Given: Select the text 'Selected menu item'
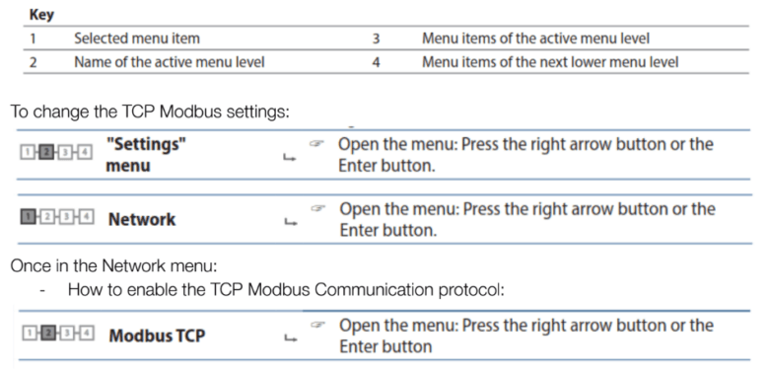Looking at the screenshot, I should pos(137,38).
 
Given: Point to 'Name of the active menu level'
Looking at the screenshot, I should pos(169,62).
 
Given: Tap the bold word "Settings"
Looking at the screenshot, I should pos(147,144).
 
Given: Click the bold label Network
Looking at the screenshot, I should pos(142,219).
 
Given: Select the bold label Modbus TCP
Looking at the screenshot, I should pos(157,336).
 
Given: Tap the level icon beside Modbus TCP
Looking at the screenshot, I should pos(56,335).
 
